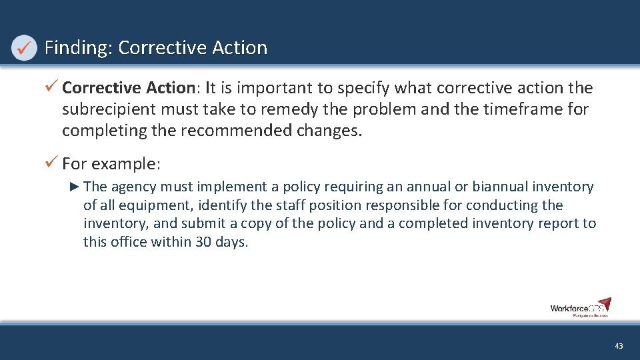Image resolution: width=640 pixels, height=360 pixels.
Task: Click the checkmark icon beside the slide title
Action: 24,48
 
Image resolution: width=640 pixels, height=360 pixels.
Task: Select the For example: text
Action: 111,163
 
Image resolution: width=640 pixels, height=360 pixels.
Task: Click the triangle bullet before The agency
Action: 75,187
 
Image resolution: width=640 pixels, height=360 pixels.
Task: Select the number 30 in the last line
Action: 203,243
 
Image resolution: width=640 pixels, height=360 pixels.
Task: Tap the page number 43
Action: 619,346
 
